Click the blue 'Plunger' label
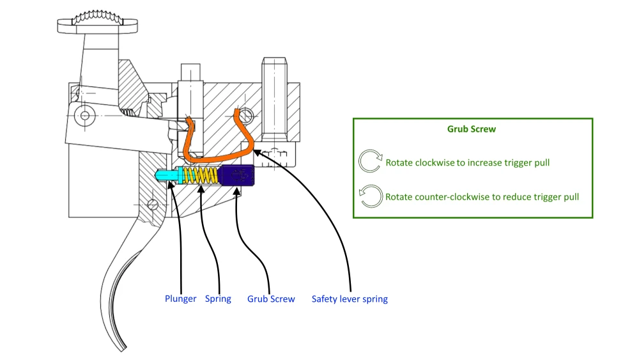pos(180,299)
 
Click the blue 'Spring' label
pos(218,299)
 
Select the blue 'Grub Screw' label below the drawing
pos(271,299)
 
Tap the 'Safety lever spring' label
pos(350,299)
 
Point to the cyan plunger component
pos(168,173)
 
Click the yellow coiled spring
pos(202,175)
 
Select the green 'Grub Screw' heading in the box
pos(472,129)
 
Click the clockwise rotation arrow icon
pos(370,162)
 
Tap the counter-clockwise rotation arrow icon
pos(370,197)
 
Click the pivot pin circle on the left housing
pos(83,115)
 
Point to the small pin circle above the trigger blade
pos(152,205)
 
